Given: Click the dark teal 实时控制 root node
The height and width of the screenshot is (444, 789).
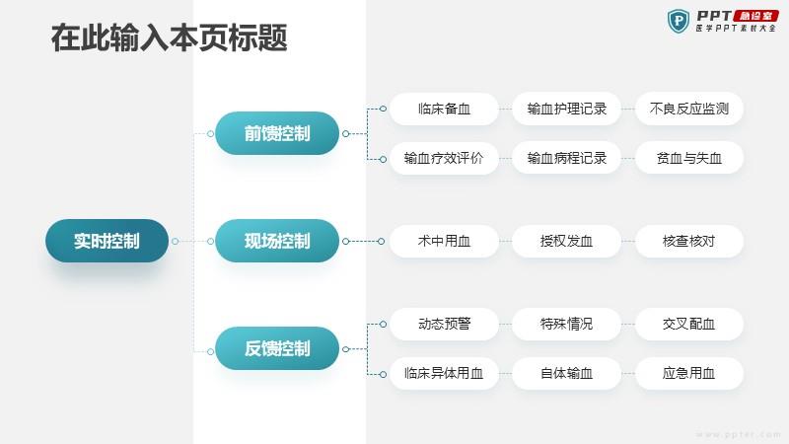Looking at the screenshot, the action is click(107, 241).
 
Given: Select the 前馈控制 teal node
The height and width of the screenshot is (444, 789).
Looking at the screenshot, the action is click(277, 133).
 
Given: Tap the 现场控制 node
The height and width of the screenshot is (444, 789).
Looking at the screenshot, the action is click(277, 241).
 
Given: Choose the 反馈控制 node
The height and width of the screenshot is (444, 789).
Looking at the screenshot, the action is click(277, 348).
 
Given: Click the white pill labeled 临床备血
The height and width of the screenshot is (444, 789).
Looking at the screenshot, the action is click(444, 109).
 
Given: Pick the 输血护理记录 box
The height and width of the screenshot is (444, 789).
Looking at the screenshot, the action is click(566, 109).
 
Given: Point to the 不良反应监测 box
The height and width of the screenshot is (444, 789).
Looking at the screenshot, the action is click(688, 109).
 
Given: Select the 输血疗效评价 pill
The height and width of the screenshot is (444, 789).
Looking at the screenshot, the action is click(444, 158).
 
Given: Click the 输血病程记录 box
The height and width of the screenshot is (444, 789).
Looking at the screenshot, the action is click(566, 158).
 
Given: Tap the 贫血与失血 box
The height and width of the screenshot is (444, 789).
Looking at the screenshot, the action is click(688, 158).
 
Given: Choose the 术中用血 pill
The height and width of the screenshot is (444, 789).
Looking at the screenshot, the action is click(444, 241).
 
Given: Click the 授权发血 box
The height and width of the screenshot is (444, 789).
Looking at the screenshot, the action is click(566, 241).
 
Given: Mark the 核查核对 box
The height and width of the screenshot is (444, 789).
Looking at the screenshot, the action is click(688, 241).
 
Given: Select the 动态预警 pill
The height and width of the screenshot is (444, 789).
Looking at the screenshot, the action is click(444, 324).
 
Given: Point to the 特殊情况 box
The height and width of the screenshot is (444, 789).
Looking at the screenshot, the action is click(566, 324).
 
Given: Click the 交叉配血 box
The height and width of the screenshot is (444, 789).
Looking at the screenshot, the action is click(688, 324).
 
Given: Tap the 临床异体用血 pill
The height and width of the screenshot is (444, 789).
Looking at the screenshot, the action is click(444, 373).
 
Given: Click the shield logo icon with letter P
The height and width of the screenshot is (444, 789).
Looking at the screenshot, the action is click(679, 21).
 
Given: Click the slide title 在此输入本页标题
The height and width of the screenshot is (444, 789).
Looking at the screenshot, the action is click(169, 37).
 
